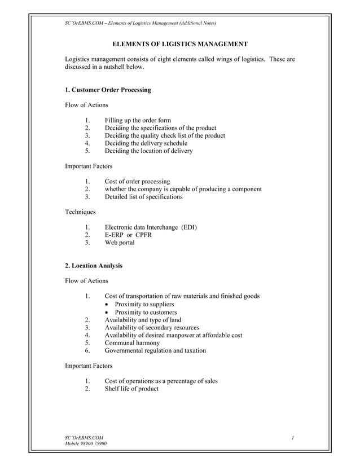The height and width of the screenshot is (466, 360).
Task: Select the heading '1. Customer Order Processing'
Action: click(x=108, y=90)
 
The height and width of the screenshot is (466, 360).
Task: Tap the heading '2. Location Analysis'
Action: click(x=94, y=265)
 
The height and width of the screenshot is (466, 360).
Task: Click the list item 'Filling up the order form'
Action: click(x=138, y=120)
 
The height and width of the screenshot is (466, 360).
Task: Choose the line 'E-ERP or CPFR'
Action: click(x=128, y=235)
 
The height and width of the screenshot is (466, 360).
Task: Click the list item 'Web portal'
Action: click(x=120, y=243)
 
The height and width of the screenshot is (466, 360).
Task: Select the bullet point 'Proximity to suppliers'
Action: click(x=144, y=304)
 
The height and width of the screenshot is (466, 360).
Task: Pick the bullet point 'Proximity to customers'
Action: click(x=146, y=312)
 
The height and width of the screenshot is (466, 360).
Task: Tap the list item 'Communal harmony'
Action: click(x=132, y=342)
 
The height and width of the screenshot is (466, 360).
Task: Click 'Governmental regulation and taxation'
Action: click(x=155, y=350)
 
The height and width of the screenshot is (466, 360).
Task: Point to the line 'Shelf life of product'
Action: click(x=131, y=389)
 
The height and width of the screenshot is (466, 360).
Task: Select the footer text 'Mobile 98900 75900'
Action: click(x=86, y=443)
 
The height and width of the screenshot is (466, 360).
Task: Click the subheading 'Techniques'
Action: click(x=81, y=212)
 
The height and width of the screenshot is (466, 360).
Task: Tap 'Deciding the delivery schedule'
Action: click(x=146, y=143)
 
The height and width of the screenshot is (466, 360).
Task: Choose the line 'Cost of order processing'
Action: click(x=137, y=182)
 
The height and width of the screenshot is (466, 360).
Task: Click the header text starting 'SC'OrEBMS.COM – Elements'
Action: click(x=141, y=23)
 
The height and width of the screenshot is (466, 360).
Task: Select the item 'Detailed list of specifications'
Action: click(x=143, y=197)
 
